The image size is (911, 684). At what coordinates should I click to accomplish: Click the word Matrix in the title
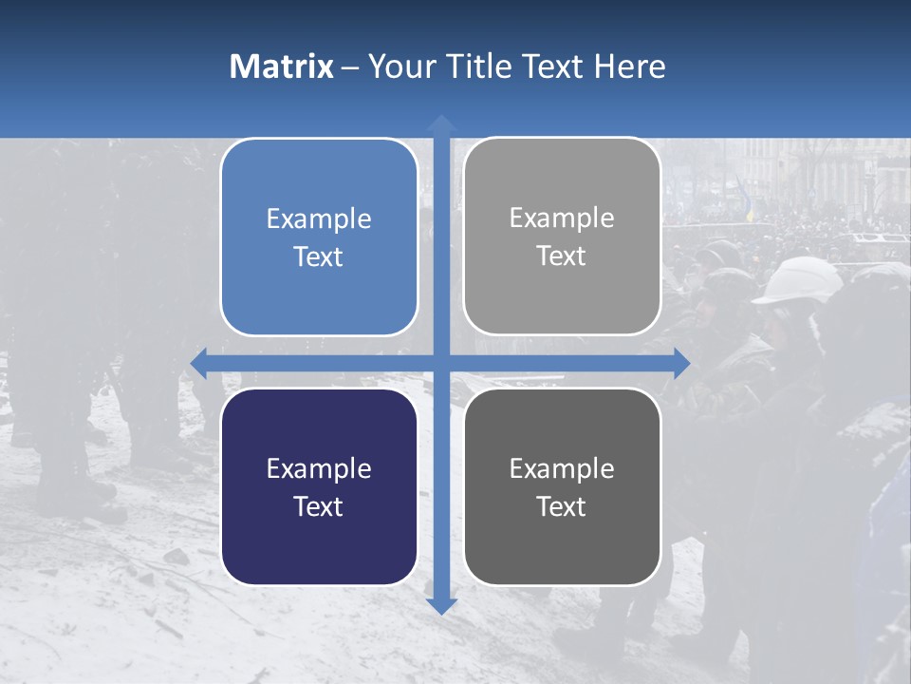(x=281, y=66)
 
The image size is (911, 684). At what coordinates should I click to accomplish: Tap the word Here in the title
(x=629, y=66)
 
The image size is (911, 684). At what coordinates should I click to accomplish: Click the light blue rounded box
(x=319, y=237)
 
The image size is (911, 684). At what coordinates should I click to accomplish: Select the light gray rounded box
(x=562, y=237)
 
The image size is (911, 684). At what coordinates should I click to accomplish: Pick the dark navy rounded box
(x=319, y=486)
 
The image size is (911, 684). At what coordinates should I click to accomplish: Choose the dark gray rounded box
(x=562, y=486)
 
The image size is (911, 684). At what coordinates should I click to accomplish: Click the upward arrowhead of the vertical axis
(x=440, y=123)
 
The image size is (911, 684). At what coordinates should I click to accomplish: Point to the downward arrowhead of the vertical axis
(x=440, y=605)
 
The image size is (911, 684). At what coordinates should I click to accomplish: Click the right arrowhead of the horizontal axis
(x=681, y=363)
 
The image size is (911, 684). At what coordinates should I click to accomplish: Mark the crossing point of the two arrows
(x=440, y=363)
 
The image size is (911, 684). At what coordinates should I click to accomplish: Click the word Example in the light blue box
(x=319, y=219)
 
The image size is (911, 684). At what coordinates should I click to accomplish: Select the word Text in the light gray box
(x=562, y=256)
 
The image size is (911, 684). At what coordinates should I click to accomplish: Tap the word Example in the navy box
(x=319, y=469)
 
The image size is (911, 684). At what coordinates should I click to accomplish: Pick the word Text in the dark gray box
(x=562, y=506)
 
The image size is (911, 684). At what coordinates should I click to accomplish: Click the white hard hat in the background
(x=797, y=281)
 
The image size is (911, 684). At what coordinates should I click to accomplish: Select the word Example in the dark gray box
(x=562, y=468)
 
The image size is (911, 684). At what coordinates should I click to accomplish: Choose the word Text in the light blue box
(x=319, y=257)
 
